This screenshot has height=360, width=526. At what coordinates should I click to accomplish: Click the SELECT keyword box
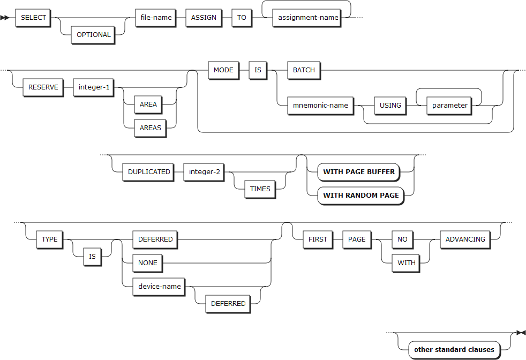point(33,17)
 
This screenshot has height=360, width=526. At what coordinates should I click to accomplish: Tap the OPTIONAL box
point(94,34)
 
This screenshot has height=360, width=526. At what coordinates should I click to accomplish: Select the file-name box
point(156,17)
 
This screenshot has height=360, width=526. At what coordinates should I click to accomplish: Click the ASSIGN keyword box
point(204,17)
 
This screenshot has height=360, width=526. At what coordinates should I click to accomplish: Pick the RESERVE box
point(44,87)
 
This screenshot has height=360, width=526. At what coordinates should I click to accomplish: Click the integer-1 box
point(94,87)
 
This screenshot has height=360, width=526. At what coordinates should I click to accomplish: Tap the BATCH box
point(304,70)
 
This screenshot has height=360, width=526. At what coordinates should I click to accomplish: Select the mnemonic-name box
point(320,105)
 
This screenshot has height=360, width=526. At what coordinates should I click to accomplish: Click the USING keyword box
point(390,105)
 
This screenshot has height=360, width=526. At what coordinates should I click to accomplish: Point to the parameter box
point(450,105)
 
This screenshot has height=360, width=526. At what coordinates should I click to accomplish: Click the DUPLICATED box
point(148,172)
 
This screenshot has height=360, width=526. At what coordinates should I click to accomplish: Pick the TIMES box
point(260,189)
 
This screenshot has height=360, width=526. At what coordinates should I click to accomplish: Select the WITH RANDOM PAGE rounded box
point(360,196)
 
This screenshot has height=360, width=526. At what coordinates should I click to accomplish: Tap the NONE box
point(148,263)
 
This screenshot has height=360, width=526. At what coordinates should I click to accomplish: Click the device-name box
point(160,286)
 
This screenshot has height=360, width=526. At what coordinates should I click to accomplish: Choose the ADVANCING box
point(465,239)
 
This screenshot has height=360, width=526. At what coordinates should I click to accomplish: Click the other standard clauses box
point(454,349)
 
